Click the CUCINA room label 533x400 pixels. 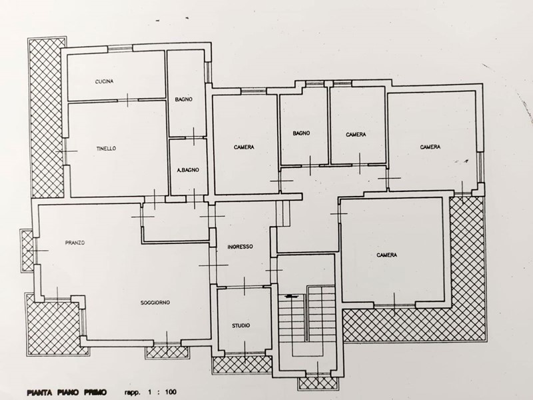[x=105, y=81]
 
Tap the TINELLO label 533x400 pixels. [x=106, y=148]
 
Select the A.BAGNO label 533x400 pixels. [x=189, y=170]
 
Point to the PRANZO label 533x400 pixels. [x=75, y=243]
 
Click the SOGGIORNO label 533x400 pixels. [x=155, y=303]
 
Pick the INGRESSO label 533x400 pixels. [x=241, y=247]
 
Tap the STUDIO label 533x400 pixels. [x=241, y=325]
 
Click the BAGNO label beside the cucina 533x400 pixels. [x=184, y=99]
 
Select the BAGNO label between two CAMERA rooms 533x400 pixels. [x=302, y=133]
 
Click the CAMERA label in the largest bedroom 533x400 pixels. [x=387, y=255]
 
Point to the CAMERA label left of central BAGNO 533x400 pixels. [x=244, y=147]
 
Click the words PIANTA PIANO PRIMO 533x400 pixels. [x=67, y=392]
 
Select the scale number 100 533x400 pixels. [x=171, y=392]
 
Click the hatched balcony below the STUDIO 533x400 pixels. [x=242, y=365]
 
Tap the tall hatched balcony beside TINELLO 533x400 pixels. [x=47, y=117]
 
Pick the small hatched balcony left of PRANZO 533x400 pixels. [x=27, y=251]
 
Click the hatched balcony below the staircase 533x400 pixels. [x=318, y=383]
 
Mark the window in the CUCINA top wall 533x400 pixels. [x=120, y=49]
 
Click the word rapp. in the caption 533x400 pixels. [x=132, y=393]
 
